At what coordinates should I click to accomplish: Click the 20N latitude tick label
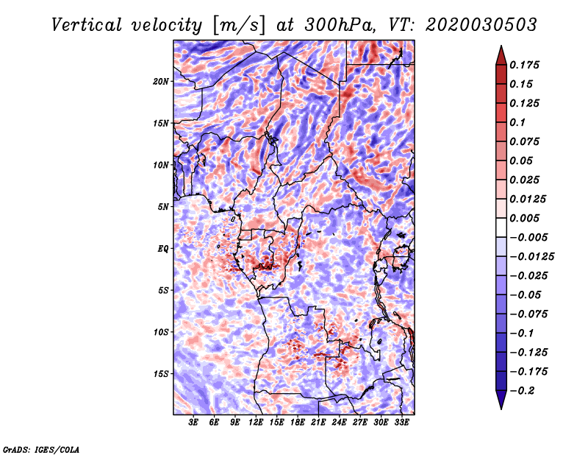click(160, 82)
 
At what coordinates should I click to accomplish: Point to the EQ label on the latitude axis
click(163, 249)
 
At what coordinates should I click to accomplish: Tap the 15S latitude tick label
click(160, 374)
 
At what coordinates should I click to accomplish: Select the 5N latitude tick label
click(163, 207)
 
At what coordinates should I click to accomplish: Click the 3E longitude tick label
click(193, 423)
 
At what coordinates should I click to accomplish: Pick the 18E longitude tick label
click(298, 423)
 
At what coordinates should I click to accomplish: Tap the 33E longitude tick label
click(401, 423)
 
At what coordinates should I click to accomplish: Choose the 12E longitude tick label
click(256, 423)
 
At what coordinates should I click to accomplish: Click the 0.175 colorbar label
click(524, 65)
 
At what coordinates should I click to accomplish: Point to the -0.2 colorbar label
click(522, 391)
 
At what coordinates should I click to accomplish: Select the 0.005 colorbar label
click(524, 218)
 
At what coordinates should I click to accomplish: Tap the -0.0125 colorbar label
click(531, 257)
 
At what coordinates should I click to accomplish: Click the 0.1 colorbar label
click(517, 122)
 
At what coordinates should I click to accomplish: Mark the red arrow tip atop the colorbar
click(501, 46)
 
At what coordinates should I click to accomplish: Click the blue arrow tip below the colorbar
click(501, 409)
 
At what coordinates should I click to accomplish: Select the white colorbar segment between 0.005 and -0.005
click(501, 227)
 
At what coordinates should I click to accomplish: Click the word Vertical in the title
click(87, 25)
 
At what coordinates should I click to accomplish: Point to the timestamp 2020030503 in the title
click(481, 25)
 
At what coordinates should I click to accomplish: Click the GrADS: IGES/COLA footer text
click(41, 449)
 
